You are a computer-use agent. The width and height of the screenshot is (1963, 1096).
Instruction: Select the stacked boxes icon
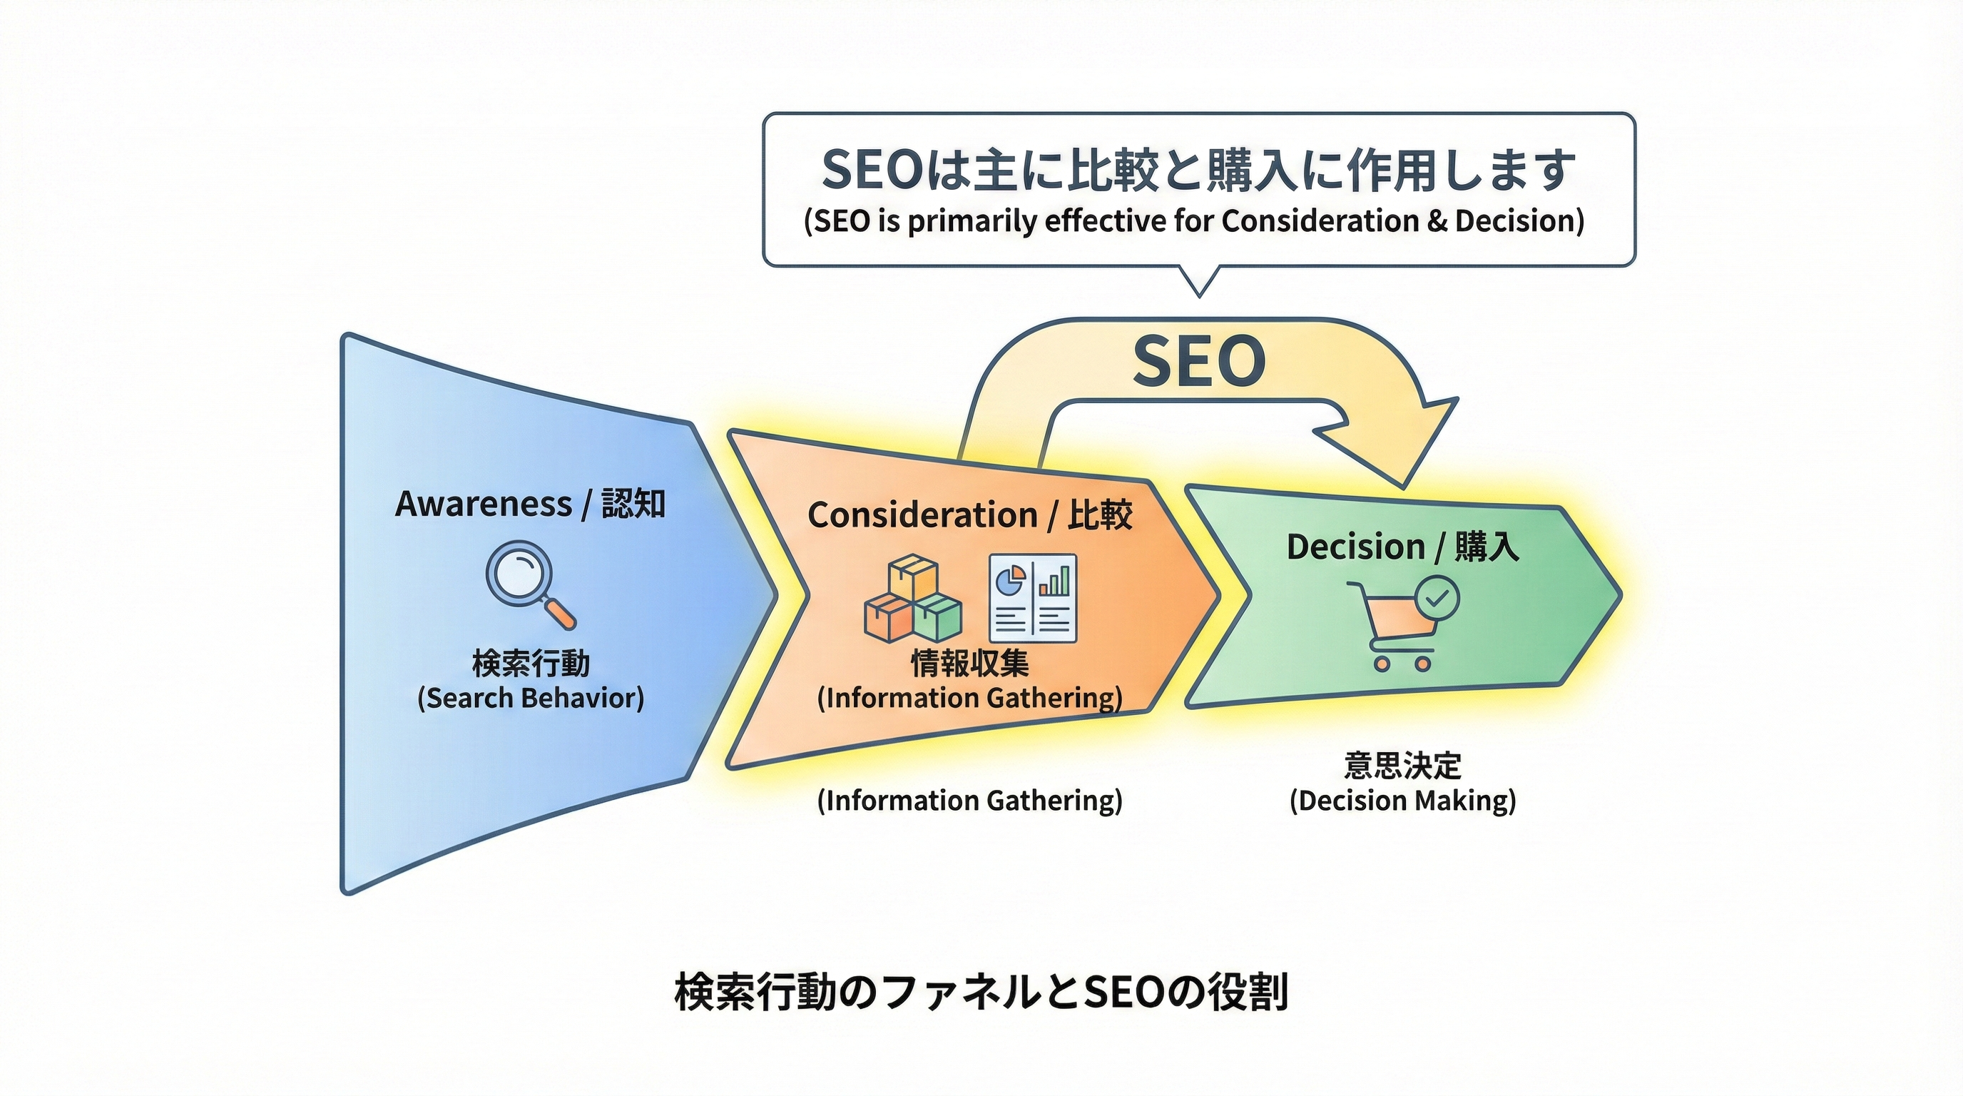point(912,599)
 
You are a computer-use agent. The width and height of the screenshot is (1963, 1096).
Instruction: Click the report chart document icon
point(1033,597)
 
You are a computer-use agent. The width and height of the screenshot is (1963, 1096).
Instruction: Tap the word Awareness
point(483,504)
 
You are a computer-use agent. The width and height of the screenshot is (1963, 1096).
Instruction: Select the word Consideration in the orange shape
point(922,515)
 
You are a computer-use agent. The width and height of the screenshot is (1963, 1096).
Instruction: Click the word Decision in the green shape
point(1355,547)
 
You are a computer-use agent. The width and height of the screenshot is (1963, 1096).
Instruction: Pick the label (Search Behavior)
point(531,698)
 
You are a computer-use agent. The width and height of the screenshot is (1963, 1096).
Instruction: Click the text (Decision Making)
point(1402,801)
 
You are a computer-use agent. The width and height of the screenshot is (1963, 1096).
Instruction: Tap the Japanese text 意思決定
point(1402,765)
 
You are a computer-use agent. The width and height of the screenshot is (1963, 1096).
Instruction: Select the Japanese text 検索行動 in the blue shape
point(531,664)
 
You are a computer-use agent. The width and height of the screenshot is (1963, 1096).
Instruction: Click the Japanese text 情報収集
point(969,664)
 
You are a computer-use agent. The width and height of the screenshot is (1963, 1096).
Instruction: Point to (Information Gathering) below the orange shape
point(969,801)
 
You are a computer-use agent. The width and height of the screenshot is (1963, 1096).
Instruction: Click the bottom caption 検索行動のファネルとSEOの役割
point(981,992)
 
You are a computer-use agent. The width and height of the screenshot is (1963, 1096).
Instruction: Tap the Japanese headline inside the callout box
point(1198,169)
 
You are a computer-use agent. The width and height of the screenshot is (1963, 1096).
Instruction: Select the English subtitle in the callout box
point(1194,221)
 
